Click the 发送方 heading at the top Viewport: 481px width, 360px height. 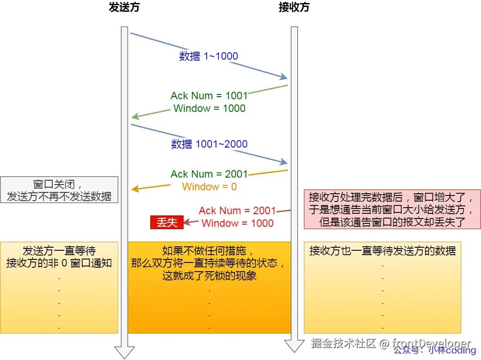(x=124, y=8)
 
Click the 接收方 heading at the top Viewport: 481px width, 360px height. (x=294, y=8)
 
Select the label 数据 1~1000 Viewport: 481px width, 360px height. (x=209, y=56)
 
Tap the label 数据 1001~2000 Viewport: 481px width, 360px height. (x=209, y=144)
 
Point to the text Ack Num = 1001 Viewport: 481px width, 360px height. (x=209, y=96)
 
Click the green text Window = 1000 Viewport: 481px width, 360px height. (x=209, y=108)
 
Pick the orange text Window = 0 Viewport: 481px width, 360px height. (x=209, y=187)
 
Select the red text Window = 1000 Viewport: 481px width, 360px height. (x=237, y=223)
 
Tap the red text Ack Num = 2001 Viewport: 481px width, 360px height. (x=237, y=211)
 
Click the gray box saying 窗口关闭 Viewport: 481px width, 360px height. (x=59, y=190)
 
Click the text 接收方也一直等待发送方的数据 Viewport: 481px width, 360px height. (x=383, y=251)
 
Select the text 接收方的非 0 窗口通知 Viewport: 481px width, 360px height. (x=59, y=263)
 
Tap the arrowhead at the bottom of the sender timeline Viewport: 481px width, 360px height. (x=124, y=352)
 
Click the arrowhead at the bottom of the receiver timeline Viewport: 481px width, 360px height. (x=294, y=346)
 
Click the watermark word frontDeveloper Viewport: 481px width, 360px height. (x=431, y=343)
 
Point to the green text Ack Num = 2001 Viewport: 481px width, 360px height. (x=209, y=174)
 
